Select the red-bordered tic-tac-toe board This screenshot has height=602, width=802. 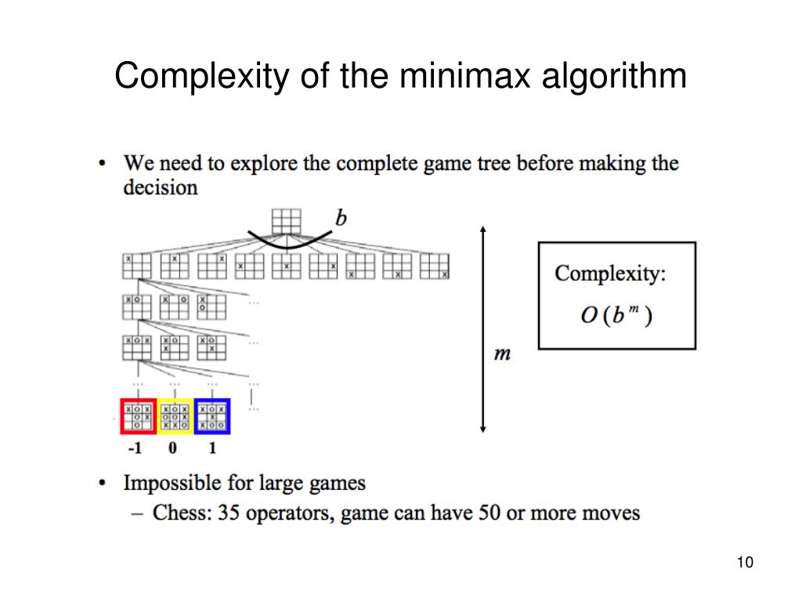point(137,416)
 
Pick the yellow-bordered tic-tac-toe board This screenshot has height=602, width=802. point(175,416)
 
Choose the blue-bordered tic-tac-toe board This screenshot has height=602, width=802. point(212,416)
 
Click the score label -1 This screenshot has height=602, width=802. point(135,449)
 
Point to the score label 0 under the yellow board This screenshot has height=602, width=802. point(172,449)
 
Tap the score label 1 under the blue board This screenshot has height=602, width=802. point(212,449)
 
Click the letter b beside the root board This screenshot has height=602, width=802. point(341,217)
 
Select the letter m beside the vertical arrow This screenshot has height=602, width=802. point(502,354)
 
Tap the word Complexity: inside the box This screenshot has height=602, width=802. point(610,274)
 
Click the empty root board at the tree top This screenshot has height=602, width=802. point(286,220)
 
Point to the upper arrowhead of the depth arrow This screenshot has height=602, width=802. point(483,229)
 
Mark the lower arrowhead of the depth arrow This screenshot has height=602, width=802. point(483,428)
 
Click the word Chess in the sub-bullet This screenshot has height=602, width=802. point(181,513)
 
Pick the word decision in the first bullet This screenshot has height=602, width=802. point(160,187)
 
